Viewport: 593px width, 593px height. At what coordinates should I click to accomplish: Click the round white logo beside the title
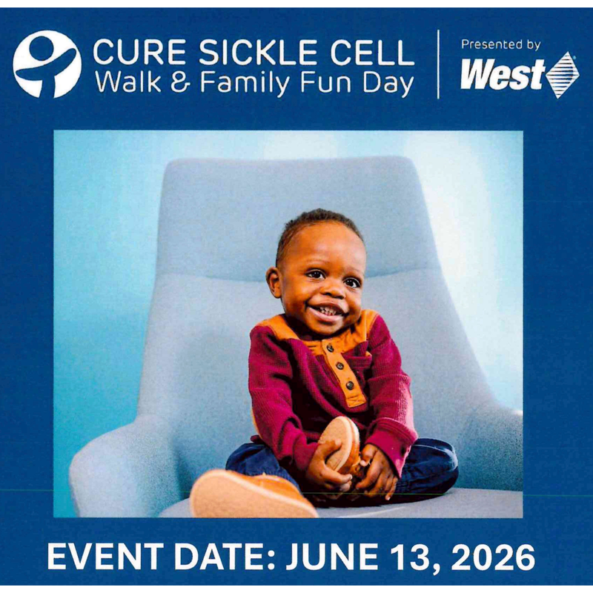(x=47, y=64)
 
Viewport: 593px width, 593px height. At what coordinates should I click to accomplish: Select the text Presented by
(x=500, y=44)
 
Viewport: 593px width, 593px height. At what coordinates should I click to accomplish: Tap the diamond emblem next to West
(x=562, y=75)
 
